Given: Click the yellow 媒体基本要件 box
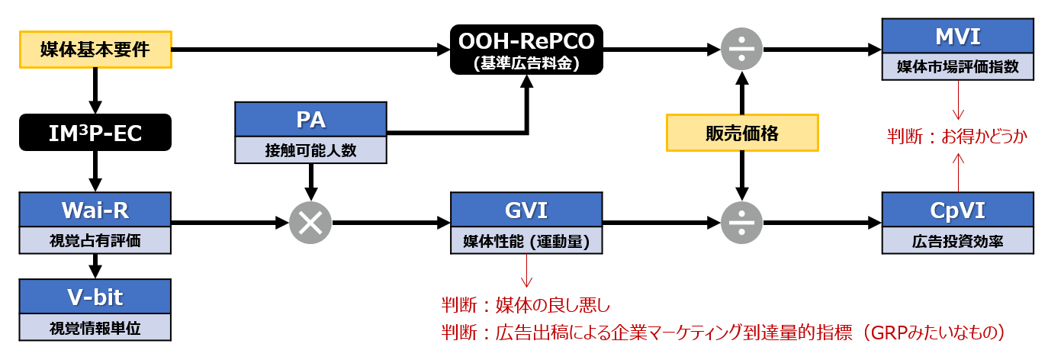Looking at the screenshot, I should click(95, 50).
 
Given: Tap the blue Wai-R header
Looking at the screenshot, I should click(95, 209).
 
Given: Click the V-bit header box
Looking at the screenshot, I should click(95, 296).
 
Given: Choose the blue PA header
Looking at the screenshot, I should click(310, 119).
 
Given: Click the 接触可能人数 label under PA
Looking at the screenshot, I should click(310, 150).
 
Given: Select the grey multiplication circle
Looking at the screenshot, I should click(310, 223).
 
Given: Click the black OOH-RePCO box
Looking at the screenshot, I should click(526, 50).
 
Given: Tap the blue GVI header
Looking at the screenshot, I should click(526, 209).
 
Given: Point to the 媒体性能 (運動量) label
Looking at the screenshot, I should click(526, 241).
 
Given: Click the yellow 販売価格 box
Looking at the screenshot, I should click(741, 134).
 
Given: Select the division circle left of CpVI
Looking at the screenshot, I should click(741, 223).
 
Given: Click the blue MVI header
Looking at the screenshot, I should click(957, 36).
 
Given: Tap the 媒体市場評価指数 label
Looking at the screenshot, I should click(957, 67).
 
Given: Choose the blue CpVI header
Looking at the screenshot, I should click(957, 209).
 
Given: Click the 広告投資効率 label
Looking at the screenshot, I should click(957, 241).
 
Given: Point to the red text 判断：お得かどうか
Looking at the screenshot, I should click(957, 137).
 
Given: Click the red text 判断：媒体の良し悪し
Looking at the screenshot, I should click(526, 306).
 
